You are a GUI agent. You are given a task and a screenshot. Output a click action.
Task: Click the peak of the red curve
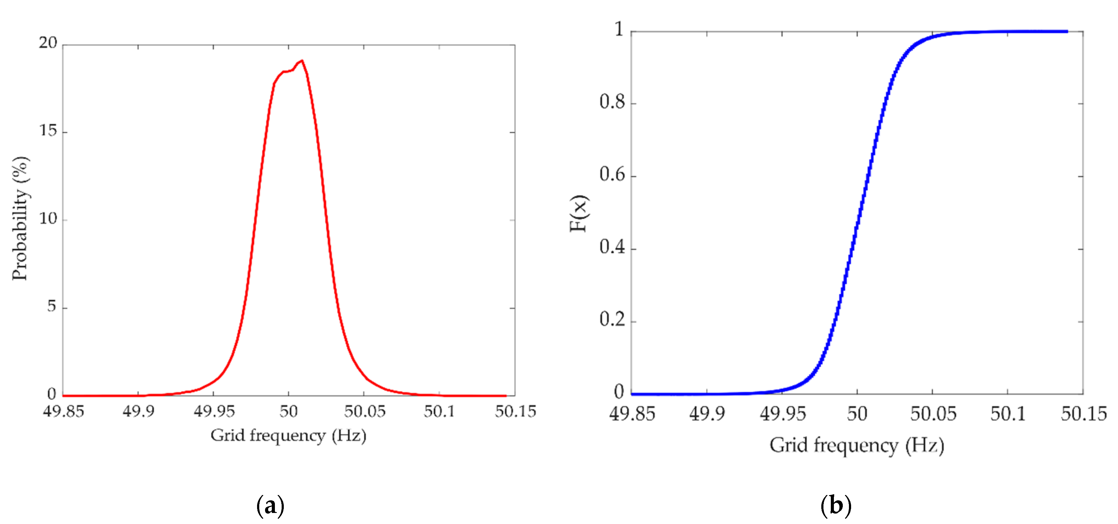pyautogui.click(x=302, y=61)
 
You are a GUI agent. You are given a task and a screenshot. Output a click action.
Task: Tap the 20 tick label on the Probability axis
pyautogui.click(x=48, y=43)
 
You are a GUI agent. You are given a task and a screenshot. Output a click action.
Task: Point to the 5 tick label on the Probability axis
pyautogui.click(x=52, y=307)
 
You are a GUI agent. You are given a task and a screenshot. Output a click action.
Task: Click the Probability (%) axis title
pyautogui.click(x=20, y=218)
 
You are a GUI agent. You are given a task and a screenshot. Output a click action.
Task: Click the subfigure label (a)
pyautogui.click(x=270, y=506)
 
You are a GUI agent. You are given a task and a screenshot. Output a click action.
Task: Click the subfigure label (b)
pyautogui.click(x=835, y=506)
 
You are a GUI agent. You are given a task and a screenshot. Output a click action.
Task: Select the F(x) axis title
pyautogui.click(x=579, y=213)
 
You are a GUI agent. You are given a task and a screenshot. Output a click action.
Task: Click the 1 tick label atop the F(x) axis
pyautogui.click(x=619, y=29)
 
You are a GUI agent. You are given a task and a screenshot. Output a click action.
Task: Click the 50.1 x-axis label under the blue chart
pyautogui.click(x=1007, y=414)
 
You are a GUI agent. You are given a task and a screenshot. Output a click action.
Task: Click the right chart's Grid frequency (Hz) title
pyautogui.click(x=857, y=445)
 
